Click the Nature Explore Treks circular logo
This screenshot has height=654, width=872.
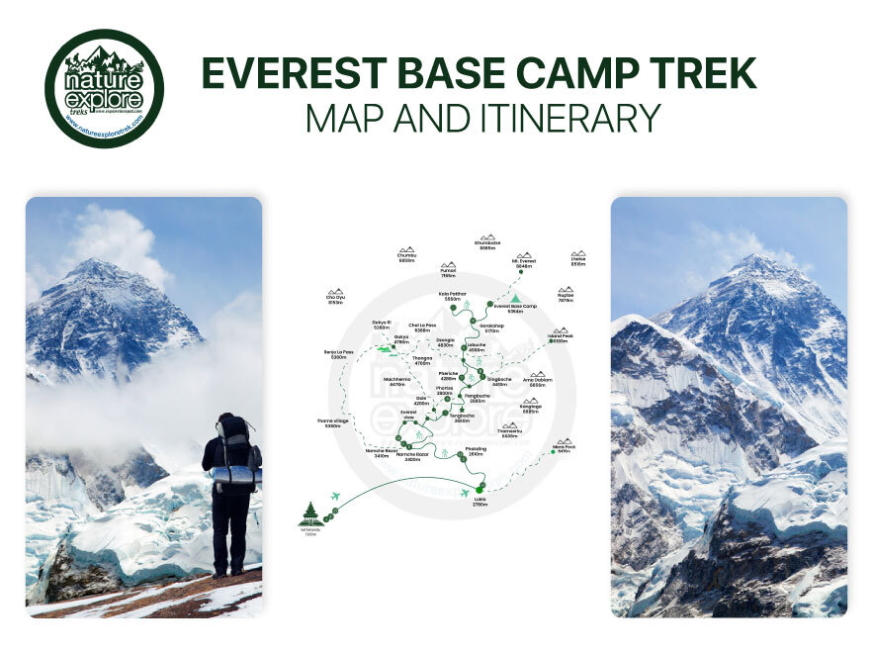click(x=104, y=88)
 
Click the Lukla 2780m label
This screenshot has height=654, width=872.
click(x=480, y=502)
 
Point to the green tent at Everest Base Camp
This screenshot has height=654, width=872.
click(x=515, y=297)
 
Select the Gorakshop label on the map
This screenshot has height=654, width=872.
click(x=492, y=327)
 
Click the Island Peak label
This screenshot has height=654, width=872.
click(x=560, y=337)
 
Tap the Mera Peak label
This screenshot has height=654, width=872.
click(x=564, y=448)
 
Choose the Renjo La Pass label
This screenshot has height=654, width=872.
click(x=338, y=353)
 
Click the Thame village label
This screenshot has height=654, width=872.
click(x=333, y=423)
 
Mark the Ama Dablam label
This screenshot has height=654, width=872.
click(x=537, y=382)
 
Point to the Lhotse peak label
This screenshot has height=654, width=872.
click(x=578, y=261)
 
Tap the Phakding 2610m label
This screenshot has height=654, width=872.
click(x=476, y=451)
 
